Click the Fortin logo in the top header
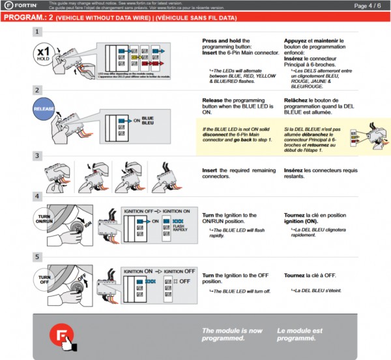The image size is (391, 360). (21, 6)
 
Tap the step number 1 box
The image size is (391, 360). (38, 31)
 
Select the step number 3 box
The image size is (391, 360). (38, 156)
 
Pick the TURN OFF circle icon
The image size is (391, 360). (45, 279)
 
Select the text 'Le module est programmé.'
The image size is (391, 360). (300, 335)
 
